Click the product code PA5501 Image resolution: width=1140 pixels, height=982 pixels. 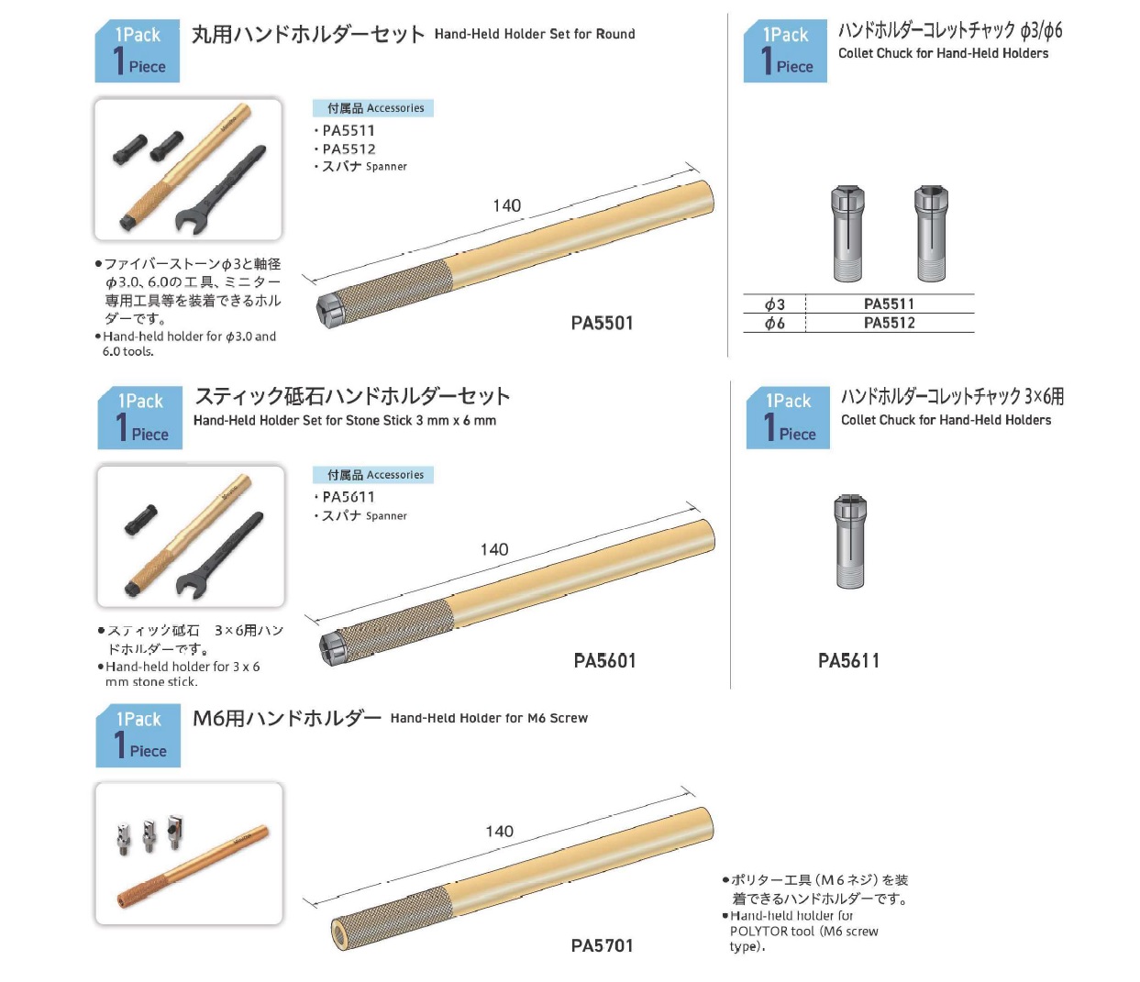pos(602,323)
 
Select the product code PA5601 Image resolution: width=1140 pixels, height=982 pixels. pos(604,660)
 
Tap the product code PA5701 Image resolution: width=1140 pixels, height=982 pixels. pos(602,945)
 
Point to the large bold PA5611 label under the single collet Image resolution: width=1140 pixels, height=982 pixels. pos(848,660)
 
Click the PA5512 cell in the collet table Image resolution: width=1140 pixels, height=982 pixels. pos(889,323)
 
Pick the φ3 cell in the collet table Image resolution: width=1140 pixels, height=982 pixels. pos(774,304)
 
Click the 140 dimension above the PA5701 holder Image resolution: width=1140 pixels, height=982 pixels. pos(499,832)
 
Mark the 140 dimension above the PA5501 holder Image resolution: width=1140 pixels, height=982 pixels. pos(506,205)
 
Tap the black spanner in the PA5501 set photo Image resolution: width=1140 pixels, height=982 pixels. pos(219,190)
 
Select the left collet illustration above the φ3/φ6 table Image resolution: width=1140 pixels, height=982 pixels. pos(847,234)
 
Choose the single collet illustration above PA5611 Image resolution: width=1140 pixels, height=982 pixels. pos(850,541)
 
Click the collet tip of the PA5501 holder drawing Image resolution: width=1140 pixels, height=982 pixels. pos(327,312)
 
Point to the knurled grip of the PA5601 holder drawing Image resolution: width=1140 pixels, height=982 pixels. pos(394,630)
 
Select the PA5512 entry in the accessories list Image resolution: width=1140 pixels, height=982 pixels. pos(349,149)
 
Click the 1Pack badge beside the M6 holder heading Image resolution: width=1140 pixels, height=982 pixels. pos(138,735)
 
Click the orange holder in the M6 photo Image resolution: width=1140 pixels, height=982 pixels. pos(193,867)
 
